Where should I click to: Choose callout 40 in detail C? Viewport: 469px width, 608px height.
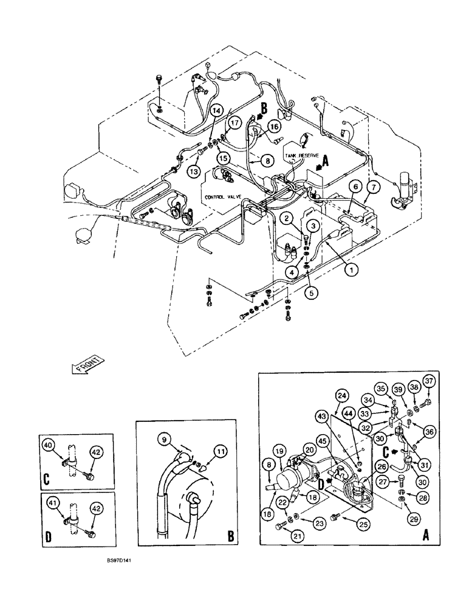click(49, 446)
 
